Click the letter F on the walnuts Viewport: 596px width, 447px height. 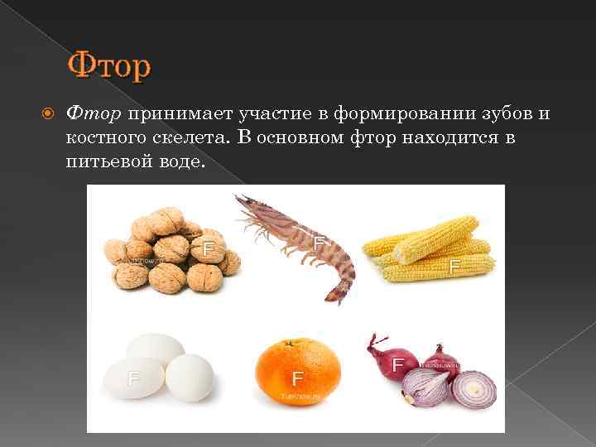[209, 248]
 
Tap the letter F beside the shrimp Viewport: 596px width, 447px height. [319, 243]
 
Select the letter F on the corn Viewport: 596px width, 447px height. [454, 267]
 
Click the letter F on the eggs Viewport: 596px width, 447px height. [132, 379]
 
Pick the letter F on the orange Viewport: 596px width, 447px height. [298, 379]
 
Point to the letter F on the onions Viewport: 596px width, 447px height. [398, 363]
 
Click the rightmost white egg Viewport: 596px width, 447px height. [190, 377]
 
